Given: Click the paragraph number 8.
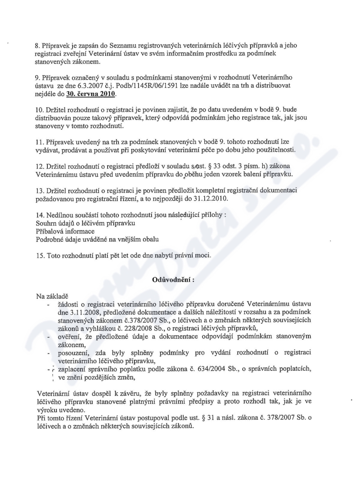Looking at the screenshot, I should coord(37,45).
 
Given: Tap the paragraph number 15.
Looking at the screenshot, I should coord(40,256).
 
